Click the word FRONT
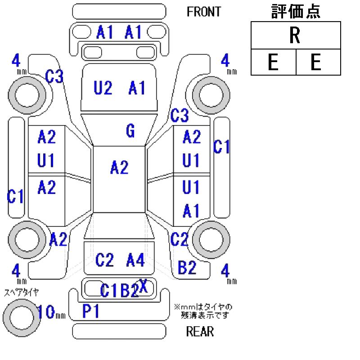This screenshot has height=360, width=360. point(204,12)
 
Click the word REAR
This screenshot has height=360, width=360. point(200,332)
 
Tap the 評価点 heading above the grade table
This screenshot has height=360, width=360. point(296,12)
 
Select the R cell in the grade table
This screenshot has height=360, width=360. point(295,36)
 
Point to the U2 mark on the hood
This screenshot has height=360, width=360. point(103,88)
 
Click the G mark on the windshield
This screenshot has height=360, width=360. point(130,131)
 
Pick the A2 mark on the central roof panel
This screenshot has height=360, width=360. point(119,168)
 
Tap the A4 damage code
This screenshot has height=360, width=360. point(135,260)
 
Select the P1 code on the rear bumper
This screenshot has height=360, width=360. point(91,311)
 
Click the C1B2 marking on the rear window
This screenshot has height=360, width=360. point(119,291)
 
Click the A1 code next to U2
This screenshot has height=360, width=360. point(137,88)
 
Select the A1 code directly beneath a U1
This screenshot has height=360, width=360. point(191,210)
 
